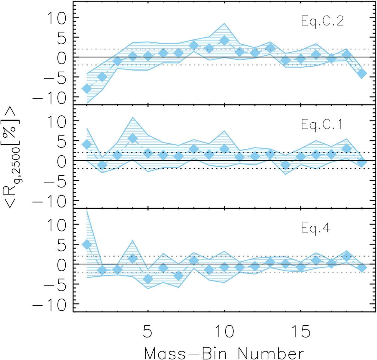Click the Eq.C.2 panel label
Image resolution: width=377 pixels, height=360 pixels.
click(x=322, y=21)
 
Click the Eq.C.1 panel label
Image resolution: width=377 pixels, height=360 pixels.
click(x=322, y=125)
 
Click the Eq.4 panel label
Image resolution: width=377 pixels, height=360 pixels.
click(x=315, y=228)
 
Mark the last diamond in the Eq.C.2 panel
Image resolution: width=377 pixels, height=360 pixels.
click(x=362, y=74)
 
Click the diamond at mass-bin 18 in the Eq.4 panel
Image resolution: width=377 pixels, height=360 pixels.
click(x=347, y=257)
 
